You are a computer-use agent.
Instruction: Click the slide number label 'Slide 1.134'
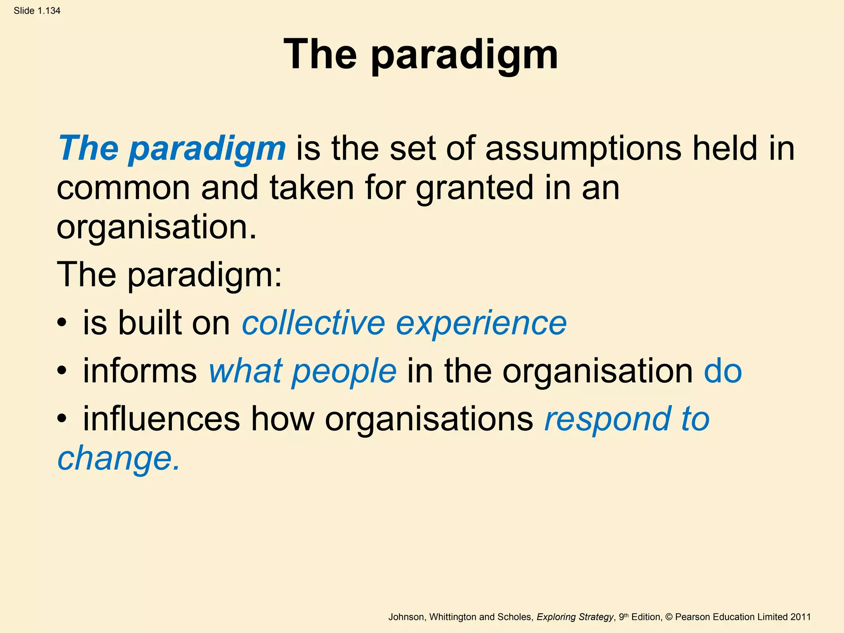(37, 11)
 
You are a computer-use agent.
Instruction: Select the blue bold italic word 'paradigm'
(207, 149)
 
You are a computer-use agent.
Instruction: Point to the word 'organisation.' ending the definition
(157, 228)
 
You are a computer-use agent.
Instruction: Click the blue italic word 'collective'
(313, 323)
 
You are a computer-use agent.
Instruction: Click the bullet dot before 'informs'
(62, 371)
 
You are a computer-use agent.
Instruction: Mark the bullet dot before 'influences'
(62, 419)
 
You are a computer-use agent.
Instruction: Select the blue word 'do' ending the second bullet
(723, 371)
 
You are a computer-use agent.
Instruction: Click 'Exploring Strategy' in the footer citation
(575, 617)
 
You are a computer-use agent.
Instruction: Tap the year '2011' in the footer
(800, 617)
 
